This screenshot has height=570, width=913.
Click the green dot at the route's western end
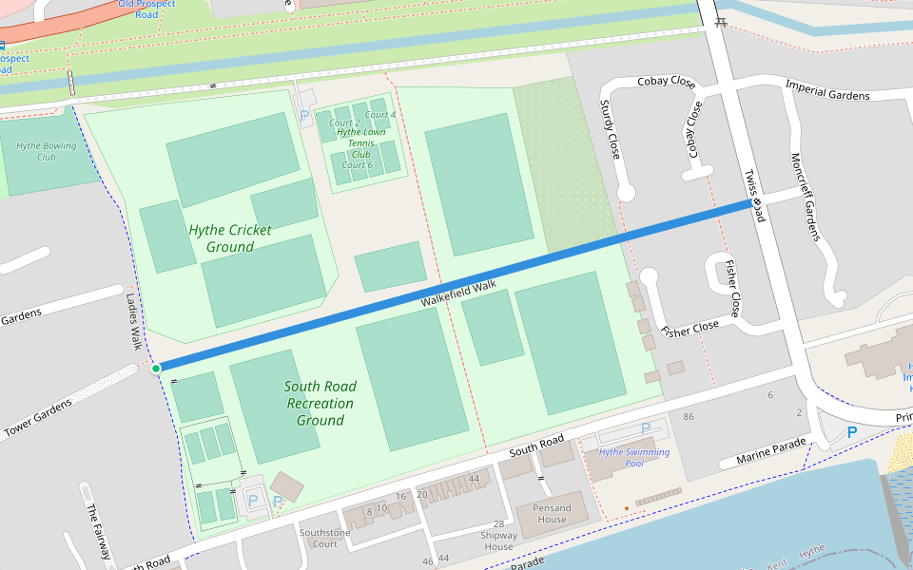click(x=156, y=369)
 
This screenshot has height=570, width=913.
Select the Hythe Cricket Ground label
click(x=229, y=238)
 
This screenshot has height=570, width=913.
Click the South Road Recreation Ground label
click(x=321, y=403)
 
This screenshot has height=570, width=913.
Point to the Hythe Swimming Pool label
click(x=634, y=457)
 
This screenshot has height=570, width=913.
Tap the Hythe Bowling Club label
click(x=46, y=151)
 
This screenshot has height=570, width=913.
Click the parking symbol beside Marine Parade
click(x=852, y=432)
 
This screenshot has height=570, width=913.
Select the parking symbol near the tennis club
click(x=304, y=115)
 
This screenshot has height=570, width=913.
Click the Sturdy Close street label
click(x=610, y=128)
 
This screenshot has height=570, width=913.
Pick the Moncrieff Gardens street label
click(x=805, y=197)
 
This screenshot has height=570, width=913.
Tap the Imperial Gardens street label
click(x=827, y=90)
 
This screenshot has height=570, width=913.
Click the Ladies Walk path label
click(x=133, y=320)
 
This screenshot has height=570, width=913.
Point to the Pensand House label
click(x=552, y=513)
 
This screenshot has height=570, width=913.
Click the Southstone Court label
click(x=324, y=538)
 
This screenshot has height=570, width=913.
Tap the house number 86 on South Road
click(x=689, y=417)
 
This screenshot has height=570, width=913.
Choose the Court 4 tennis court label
click(x=379, y=115)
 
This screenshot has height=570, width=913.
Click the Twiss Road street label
click(x=754, y=196)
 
